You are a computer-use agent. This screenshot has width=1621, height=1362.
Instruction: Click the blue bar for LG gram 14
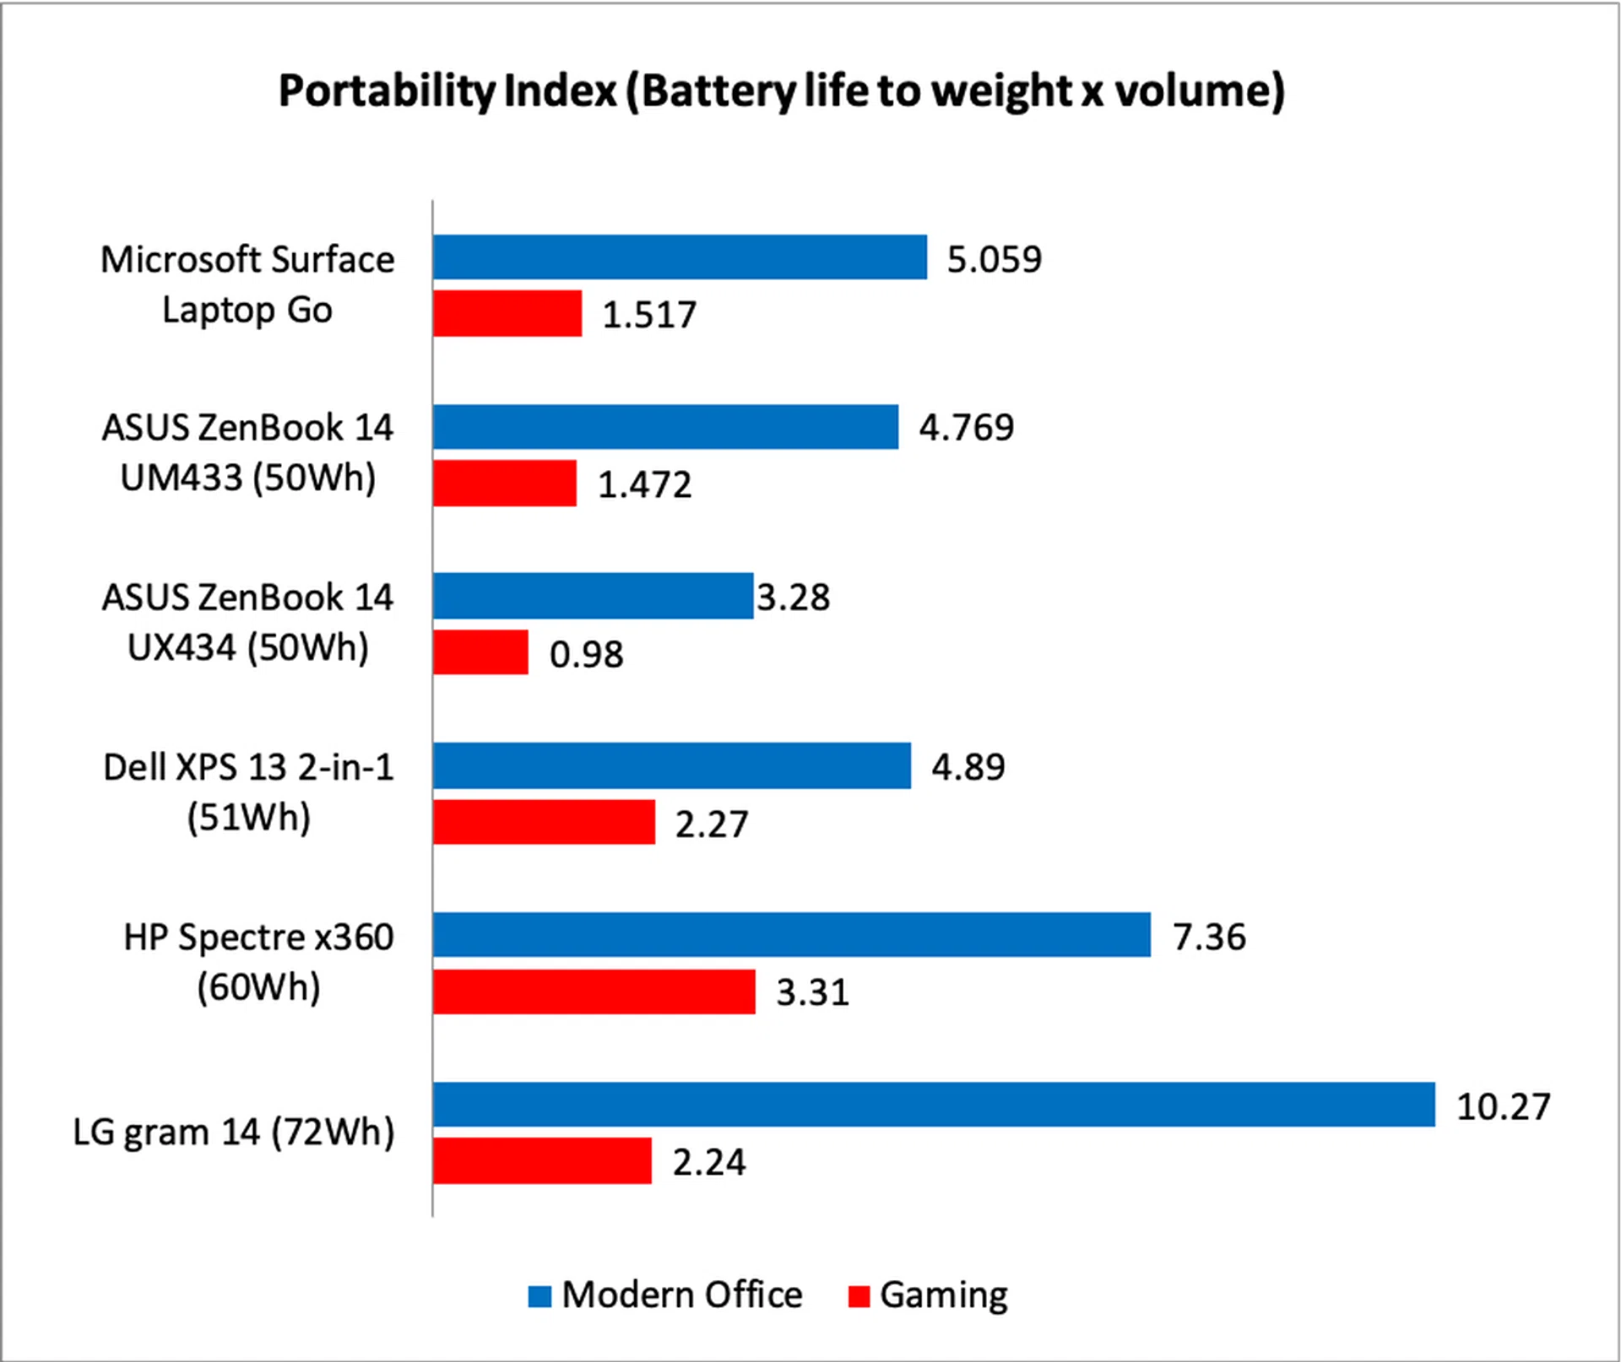[934, 1104]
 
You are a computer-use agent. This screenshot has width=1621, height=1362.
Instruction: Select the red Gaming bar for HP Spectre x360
[594, 992]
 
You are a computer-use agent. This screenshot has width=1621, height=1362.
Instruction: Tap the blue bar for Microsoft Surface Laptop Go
[680, 257]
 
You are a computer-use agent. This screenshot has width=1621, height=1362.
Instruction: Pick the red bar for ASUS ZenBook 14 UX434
[480, 652]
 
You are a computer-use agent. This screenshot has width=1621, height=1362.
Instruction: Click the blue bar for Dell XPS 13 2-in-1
[672, 765]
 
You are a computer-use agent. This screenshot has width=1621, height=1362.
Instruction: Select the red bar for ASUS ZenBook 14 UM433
[505, 483]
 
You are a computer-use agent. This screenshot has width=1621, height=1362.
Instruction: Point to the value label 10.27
[1504, 1106]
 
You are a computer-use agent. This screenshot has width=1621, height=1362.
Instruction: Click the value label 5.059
[994, 259]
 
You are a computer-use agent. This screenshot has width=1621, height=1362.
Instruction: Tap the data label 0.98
[586, 655]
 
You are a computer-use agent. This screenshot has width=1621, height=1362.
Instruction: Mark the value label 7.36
[1209, 937]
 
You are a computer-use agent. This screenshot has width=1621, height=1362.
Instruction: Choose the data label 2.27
[711, 824]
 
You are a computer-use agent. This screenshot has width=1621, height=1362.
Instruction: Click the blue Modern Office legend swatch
[539, 1296]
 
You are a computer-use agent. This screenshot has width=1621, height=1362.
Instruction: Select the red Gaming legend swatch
[859, 1296]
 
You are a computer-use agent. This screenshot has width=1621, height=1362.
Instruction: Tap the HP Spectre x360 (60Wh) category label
[258, 962]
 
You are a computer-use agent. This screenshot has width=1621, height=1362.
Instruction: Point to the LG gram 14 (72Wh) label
[234, 1132]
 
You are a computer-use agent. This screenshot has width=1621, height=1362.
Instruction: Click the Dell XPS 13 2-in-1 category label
[248, 792]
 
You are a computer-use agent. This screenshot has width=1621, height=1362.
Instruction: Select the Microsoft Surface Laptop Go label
[247, 284]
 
